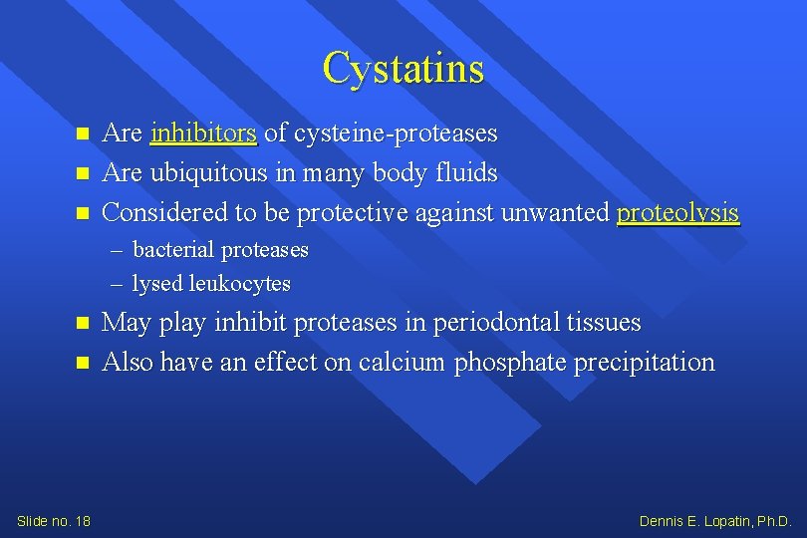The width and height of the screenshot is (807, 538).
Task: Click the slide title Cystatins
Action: click(403, 69)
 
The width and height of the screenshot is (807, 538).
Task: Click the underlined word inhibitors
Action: click(203, 133)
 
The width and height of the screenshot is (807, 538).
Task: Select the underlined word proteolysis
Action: click(677, 212)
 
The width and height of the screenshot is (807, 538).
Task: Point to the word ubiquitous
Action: click(211, 172)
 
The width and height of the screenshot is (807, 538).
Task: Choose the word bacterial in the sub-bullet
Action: click(173, 249)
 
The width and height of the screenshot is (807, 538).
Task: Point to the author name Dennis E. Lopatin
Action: click(714, 520)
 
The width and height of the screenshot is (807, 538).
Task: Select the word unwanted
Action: click(556, 212)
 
